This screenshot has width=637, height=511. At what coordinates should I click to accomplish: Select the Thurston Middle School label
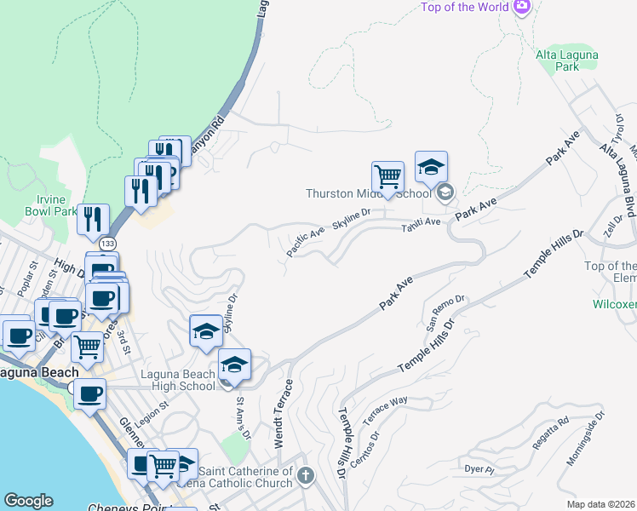tap(369, 193)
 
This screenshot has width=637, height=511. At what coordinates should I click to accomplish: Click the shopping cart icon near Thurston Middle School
tap(387, 177)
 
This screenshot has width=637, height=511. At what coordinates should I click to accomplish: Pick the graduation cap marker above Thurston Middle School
tap(431, 167)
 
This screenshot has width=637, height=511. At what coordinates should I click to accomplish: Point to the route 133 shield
tap(107, 244)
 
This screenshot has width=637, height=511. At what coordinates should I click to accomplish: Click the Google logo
tap(29, 501)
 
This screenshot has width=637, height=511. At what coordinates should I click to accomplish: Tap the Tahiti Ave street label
tap(422, 221)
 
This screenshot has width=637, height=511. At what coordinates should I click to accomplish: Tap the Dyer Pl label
tap(479, 469)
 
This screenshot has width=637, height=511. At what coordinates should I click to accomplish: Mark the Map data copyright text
tap(601, 504)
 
